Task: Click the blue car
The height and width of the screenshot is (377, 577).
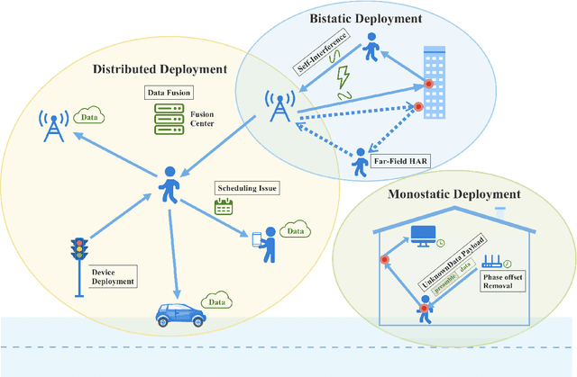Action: click(179, 314)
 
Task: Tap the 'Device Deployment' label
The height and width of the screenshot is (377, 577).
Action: click(113, 274)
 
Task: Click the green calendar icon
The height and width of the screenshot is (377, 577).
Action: click(223, 206)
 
